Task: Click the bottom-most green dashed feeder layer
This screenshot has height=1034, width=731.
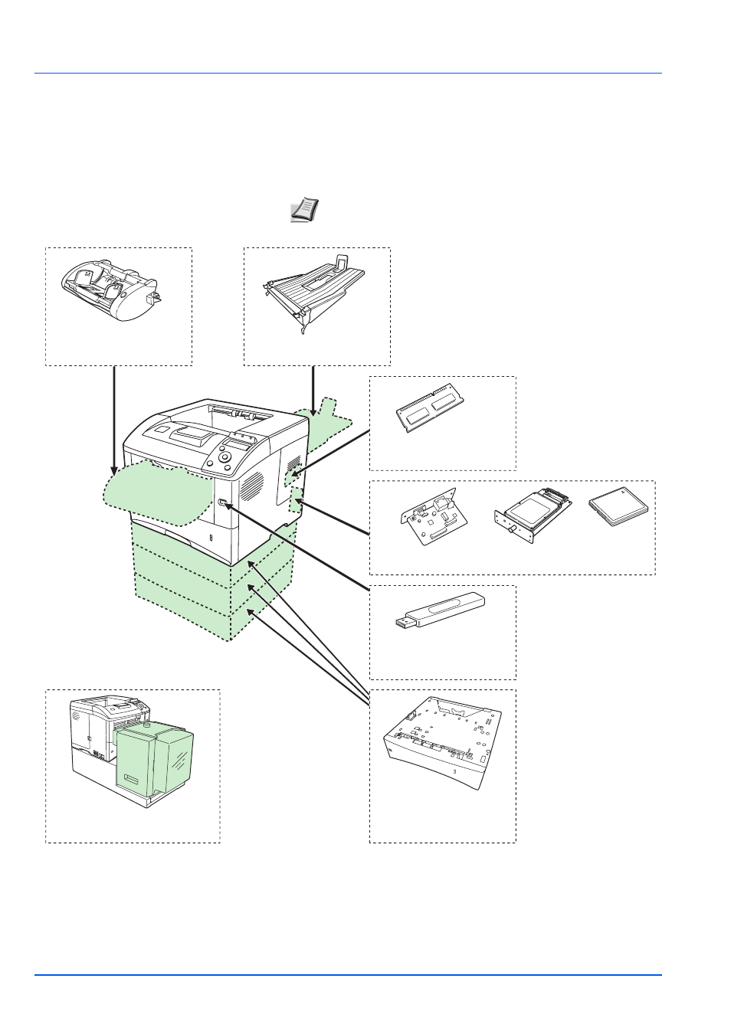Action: click(x=184, y=613)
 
